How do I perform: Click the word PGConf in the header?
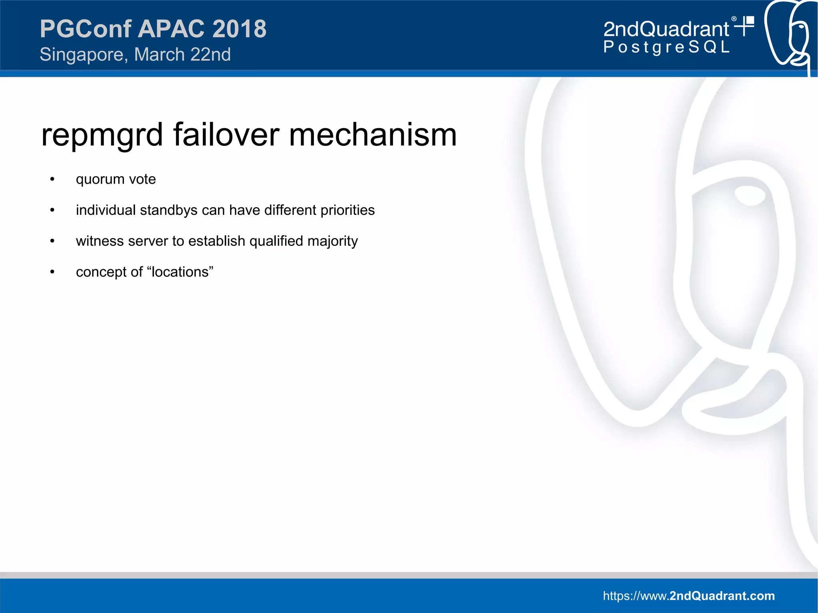pos(85,29)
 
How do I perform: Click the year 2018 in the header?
pos(239,29)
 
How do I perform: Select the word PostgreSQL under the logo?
pos(666,47)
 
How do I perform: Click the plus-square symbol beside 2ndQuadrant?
pos(745,26)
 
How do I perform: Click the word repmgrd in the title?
pos(102,135)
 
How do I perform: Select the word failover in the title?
pos(226,135)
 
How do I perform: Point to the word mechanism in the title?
pos(372,135)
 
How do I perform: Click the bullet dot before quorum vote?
pos(52,179)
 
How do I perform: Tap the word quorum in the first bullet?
pos(100,179)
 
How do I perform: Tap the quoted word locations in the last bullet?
pos(180,272)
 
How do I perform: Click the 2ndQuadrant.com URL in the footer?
pos(689,596)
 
